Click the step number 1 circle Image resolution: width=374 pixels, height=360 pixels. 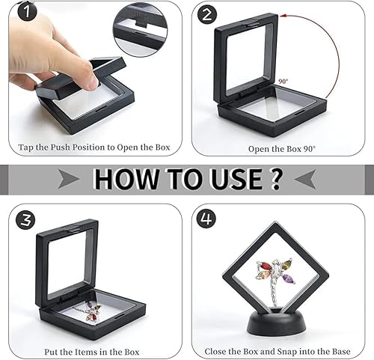tap(27, 11)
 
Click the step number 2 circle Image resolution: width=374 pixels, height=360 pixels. tap(207, 14)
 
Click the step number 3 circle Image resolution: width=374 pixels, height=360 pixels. tap(25, 220)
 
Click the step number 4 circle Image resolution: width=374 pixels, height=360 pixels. tap(206, 219)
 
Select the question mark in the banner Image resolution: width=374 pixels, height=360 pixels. tap(275, 179)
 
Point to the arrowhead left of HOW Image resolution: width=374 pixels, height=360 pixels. tap(69, 178)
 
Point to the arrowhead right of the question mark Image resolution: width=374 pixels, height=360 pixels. tap(305, 179)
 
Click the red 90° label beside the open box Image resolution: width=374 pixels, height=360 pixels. tap(283, 82)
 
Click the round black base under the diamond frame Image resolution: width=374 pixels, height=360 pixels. tap(276, 322)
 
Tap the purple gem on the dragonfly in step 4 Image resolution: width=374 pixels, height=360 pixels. tap(287, 278)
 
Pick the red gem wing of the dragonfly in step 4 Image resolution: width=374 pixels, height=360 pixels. tap(265, 266)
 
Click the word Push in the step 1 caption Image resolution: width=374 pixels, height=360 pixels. tap(60, 147)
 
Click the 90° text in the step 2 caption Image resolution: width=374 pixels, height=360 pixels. tap(310, 149)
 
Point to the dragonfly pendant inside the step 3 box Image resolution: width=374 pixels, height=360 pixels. tap(91, 311)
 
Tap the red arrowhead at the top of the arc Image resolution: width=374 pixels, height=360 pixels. tap(283, 16)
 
